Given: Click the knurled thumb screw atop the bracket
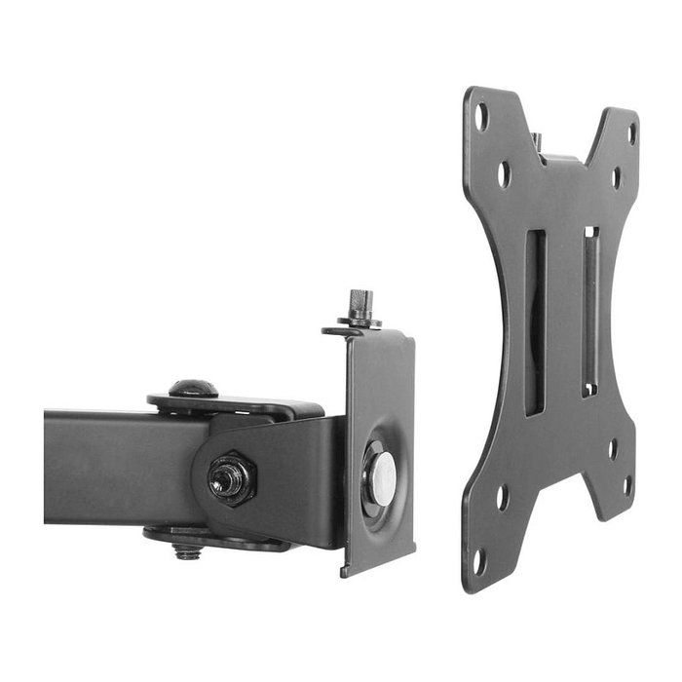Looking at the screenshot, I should point(360,305).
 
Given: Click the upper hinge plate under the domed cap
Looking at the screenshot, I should point(234,403).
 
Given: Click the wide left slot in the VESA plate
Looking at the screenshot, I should point(535,322).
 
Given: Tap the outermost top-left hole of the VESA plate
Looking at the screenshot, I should point(480,117).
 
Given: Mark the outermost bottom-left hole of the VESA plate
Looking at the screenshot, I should point(478,560).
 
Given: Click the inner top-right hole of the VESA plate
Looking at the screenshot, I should point(616,178).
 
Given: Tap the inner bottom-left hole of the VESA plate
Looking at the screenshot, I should point(503,496).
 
